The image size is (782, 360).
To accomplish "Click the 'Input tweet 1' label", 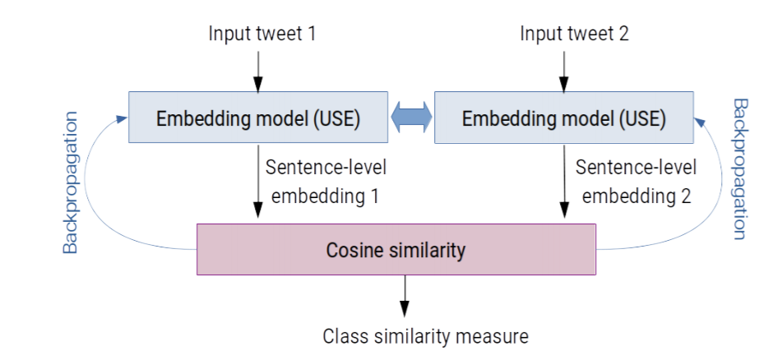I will click(x=261, y=34).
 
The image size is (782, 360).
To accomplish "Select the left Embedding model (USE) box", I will click(x=258, y=118).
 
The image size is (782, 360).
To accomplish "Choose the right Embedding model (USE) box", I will click(x=563, y=118).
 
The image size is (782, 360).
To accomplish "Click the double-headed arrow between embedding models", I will click(x=411, y=118).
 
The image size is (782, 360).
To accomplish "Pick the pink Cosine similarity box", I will click(x=396, y=249).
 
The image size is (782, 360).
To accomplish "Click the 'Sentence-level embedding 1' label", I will click(x=325, y=182).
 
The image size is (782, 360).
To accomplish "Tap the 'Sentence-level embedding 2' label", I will click(x=635, y=182).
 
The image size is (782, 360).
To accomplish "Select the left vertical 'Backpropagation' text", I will click(x=71, y=182).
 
